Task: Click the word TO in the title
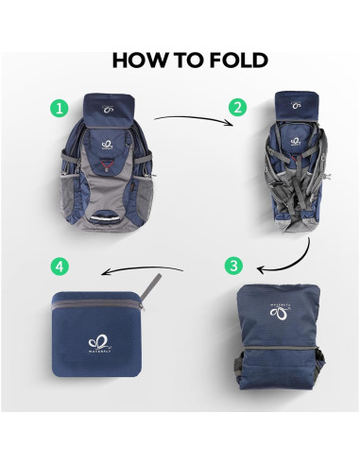coord(186,60)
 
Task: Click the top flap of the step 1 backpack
coord(106,110)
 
